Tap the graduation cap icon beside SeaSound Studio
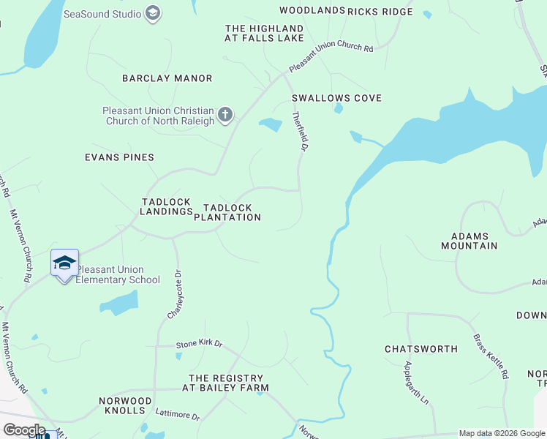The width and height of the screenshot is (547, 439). (152, 13)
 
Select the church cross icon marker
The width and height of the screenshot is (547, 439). (225, 115)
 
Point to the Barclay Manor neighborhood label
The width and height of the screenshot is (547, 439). (167, 78)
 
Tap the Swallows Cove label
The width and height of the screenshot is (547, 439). (336, 98)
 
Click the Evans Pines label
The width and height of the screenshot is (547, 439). (119, 157)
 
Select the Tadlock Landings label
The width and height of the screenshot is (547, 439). (166, 206)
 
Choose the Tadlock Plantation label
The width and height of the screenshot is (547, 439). (227, 212)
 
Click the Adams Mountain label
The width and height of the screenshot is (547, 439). (474, 241)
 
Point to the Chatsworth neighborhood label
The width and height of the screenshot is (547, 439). (421, 349)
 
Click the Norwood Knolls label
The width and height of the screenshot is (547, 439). (126, 405)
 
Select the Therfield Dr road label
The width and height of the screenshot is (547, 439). (298, 131)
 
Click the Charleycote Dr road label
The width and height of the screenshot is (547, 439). (174, 294)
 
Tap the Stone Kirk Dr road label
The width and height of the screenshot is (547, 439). (198, 344)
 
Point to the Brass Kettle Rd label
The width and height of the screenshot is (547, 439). (491, 356)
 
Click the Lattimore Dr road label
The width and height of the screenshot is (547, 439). (177, 416)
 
